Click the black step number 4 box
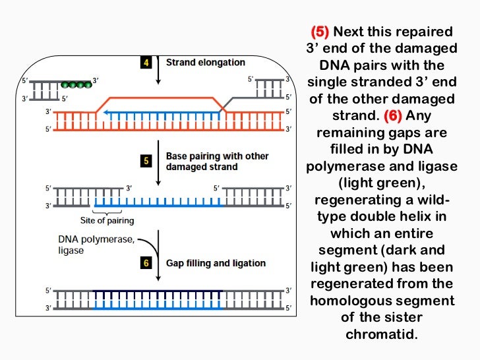(146, 63)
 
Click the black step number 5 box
(146, 161)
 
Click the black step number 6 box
(146, 263)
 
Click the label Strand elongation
(205, 63)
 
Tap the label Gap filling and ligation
(216, 263)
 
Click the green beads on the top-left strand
(75, 84)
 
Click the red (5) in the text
(319, 32)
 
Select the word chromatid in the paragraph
(382, 334)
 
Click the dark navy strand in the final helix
(158, 291)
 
